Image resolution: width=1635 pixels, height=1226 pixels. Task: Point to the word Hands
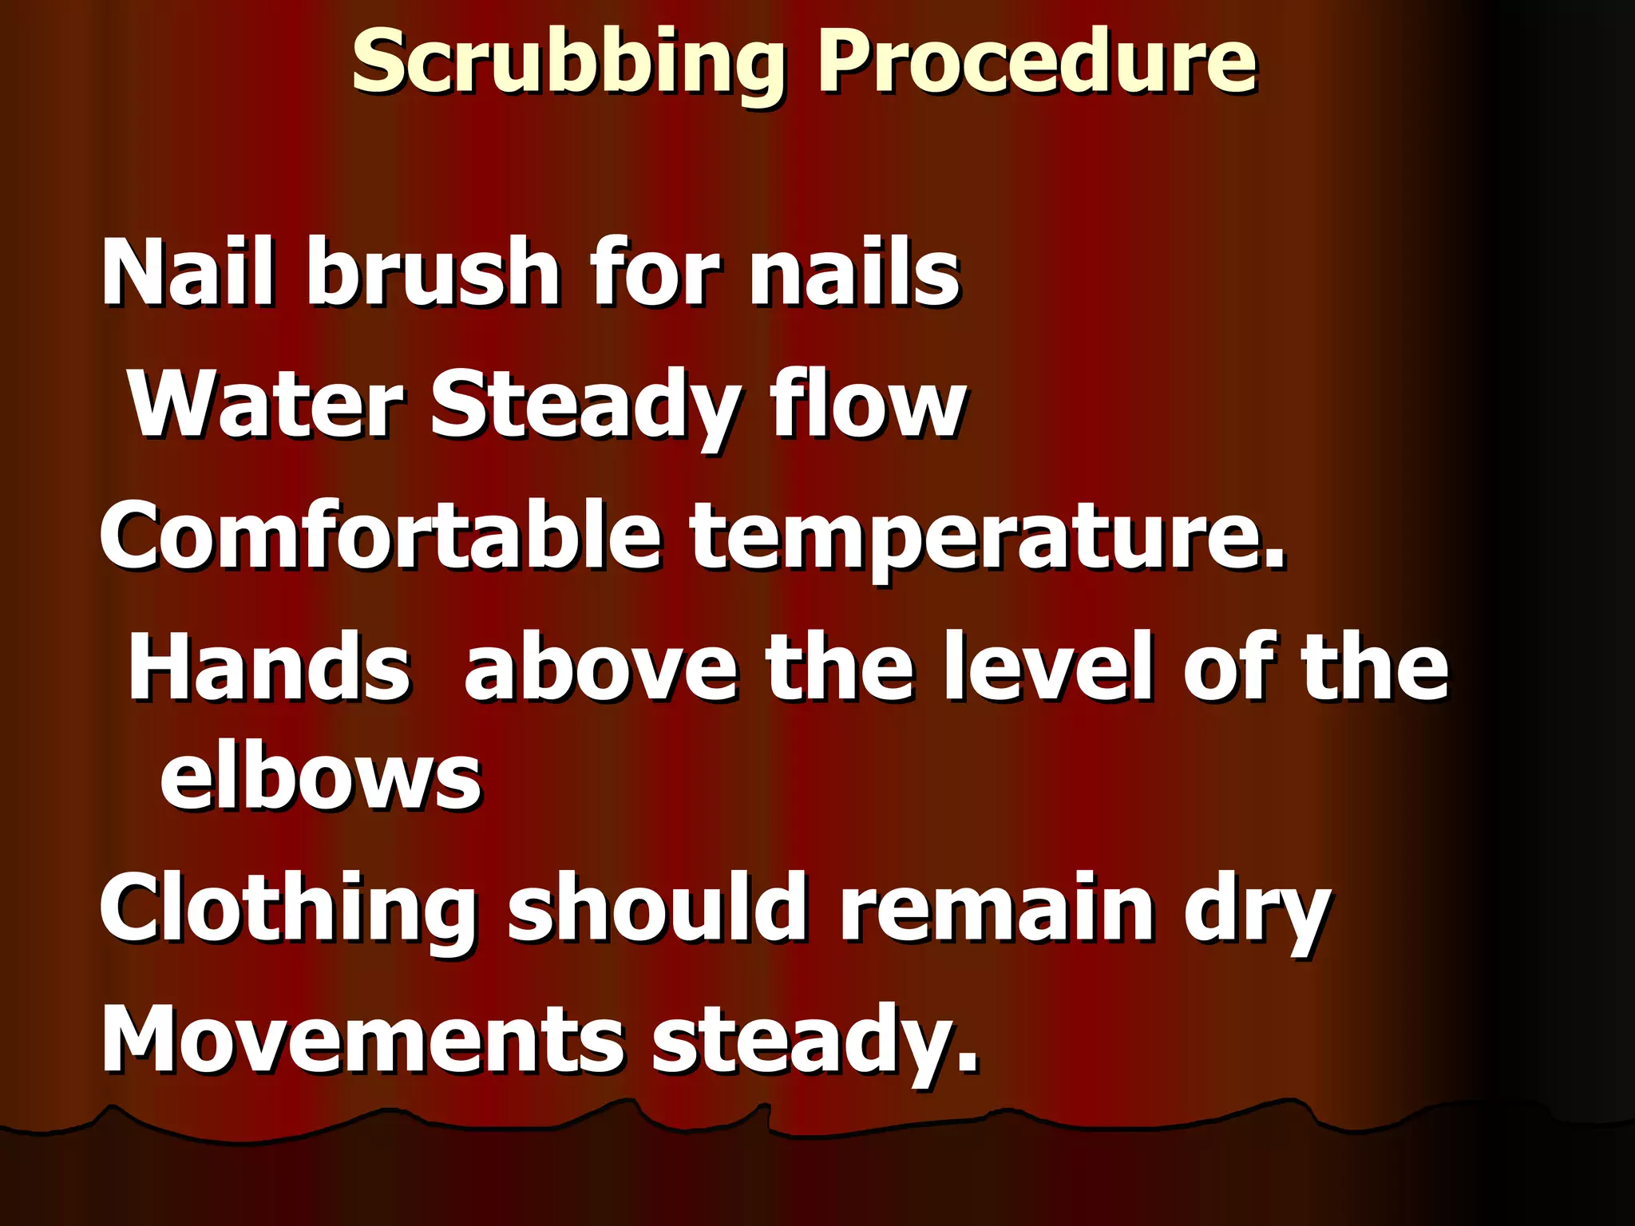click(x=270, y=666)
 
